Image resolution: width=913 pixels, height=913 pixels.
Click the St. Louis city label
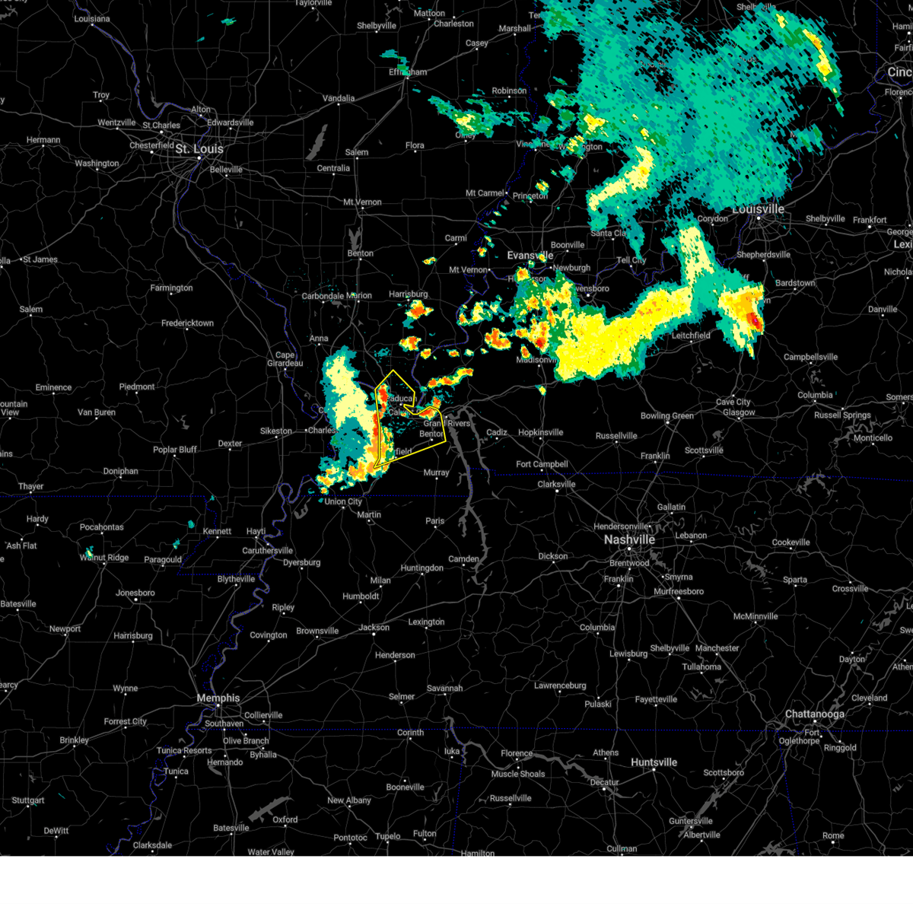point(199,149)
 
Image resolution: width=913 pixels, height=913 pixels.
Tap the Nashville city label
point(629,539)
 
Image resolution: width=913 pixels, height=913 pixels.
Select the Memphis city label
point(218,698)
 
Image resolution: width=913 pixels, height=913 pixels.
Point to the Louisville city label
point(758,209)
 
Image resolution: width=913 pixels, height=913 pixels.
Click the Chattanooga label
point(814,714)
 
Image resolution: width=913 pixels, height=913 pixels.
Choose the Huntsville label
point(654,762)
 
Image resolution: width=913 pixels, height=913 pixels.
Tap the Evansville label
point(530,256)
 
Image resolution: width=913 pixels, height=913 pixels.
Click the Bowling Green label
point(666,416)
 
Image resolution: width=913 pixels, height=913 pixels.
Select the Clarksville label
point(556,485)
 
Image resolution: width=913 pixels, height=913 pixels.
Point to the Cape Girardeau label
point(285,359)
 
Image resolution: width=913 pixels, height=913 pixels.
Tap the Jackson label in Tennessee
point(374,628)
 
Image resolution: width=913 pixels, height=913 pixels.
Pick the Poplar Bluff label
point(175,450)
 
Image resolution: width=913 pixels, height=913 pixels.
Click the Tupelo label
point(388,836)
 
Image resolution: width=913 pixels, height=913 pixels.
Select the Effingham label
point(409,72)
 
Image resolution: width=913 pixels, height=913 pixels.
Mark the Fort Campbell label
point(542,464)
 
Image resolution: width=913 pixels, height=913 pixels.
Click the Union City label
point(344,501)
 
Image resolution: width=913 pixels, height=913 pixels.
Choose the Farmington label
point(171,288)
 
